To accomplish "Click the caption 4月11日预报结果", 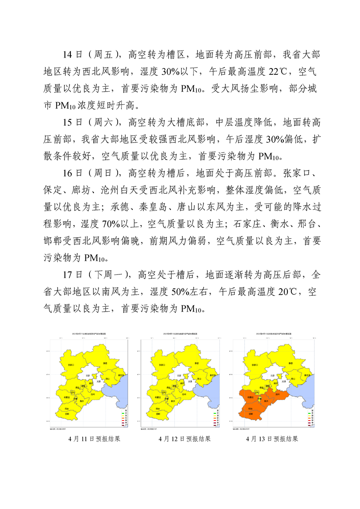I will click(x=94, y=439).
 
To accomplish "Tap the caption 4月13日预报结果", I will click(x=272, y=439).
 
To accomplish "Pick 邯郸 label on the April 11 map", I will click(x=67, y=414).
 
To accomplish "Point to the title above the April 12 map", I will click(x=180, y=333).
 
